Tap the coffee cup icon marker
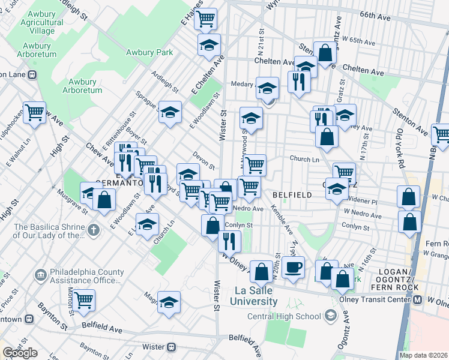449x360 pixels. (293, 268)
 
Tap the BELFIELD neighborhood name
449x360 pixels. (292, 195)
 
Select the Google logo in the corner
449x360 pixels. (20, 352)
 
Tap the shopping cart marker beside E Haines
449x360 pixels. (205, 19)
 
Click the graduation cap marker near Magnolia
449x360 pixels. (169, 302)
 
